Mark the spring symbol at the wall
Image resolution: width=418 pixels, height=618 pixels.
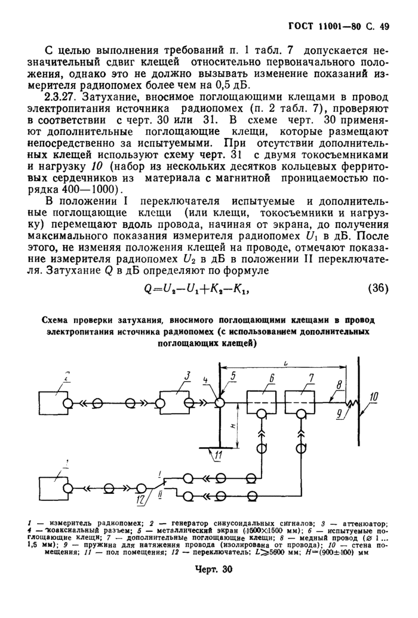(352, 404)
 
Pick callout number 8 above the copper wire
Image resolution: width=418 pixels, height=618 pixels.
(339, 386)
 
